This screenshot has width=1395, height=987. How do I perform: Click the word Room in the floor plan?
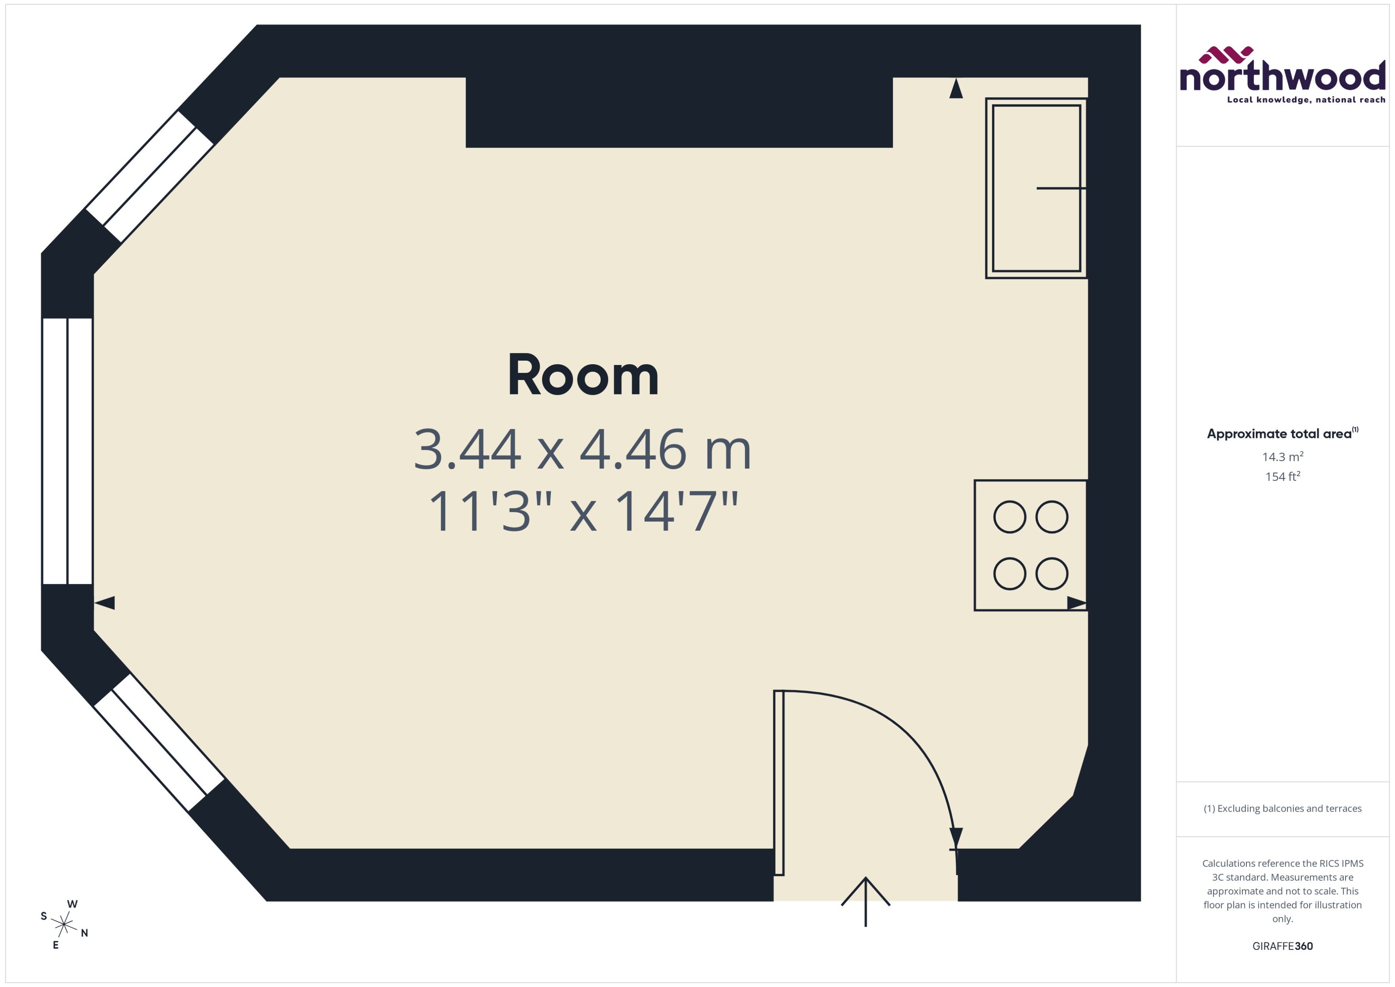pos(582,376)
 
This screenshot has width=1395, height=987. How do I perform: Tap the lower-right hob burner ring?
pos(1051,573)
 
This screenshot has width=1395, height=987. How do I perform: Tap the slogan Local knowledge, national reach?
pos(1306,100)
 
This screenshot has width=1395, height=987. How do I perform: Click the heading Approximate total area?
pos(1279,434)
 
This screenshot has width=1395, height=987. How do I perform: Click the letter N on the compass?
pos(84,933)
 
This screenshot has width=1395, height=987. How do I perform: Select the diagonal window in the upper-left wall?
pos(149,176)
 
